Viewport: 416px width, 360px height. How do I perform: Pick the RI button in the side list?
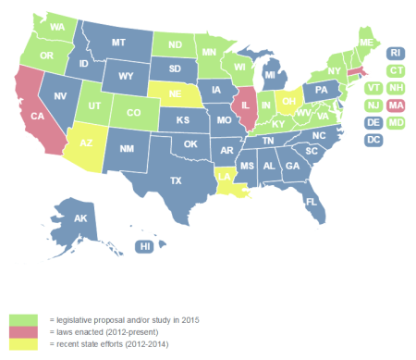tap(395, 53)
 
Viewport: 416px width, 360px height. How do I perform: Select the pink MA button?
tap(395, 105)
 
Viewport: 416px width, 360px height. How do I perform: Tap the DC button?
tap(373, 140)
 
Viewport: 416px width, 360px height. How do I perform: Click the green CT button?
tap(395, 70)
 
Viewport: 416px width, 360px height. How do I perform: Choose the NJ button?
tap(373, 105)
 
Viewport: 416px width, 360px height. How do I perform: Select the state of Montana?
tap(118, 43)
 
